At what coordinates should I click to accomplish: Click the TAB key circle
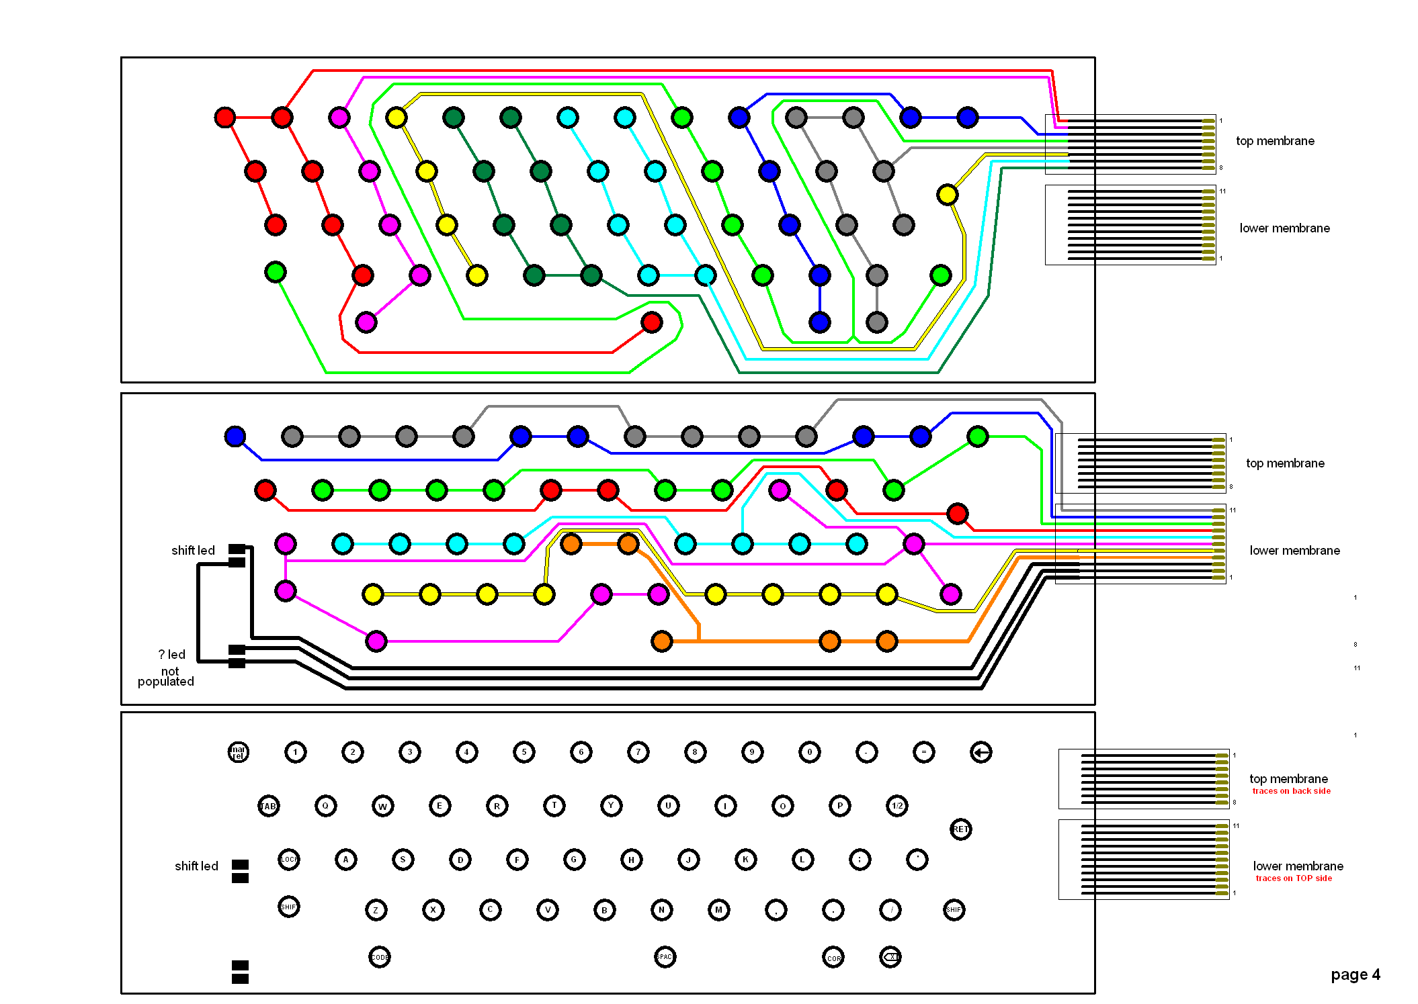pyautogui.click(x=268, y=806)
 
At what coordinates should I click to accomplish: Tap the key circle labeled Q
pyautogui.click(x=325, y=806)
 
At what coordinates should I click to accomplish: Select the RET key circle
pyautogui.click(x=960, y=829)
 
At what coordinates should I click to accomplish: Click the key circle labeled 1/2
pyautogui.click(x=896, y=806)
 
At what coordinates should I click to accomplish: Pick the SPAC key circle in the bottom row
pyautogui.click(x=665, y=956)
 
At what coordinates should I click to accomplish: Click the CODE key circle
pyautogui.click(x=379, y=956)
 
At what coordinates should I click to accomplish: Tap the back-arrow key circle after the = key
pyautogui.click(x=981, y=752)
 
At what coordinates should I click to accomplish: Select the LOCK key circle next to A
pyautogui.click(x=288, y=859)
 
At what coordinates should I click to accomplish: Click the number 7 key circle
pyautogui.click(x=638, y=752)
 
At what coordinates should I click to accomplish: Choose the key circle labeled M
pyautogui.click(x=718, y=909)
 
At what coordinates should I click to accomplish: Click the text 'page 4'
pyautogui.click(x=1355, y=974)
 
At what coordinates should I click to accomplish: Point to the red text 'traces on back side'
pyautogui.click(x=1291, y=791)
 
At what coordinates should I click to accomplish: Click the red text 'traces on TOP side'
pyautogui.click(x=1293, y=878)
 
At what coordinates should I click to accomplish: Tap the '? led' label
pyautogui.click(x=171, y=654)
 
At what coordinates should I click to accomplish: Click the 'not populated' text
pyautogui.click(x=166, y=676)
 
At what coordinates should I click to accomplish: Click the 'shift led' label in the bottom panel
pyautogui.click(x=196, y=866)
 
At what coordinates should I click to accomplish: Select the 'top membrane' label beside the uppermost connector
pyautogui.click(x=1274, y=141)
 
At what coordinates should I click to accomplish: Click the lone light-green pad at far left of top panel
pyautogui.click(x=275, y=271)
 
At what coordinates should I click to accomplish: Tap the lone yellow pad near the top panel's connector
pyautogui.click(x=947, y=195)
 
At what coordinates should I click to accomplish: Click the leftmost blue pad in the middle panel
pyautogui.click(x=235, y=436)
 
